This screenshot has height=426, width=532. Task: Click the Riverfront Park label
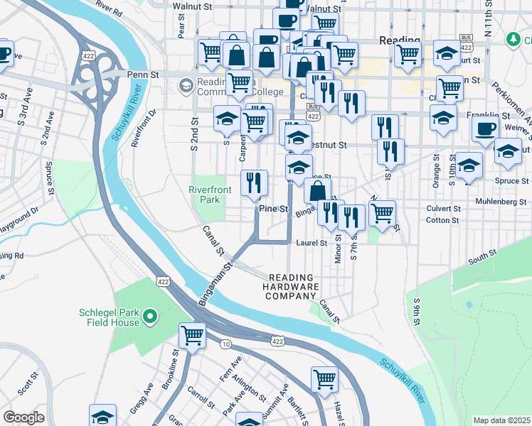tap(206, 195)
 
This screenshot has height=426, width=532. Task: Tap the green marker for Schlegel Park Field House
tap(150, 316)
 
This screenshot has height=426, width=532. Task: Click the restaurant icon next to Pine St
tap(254, 183)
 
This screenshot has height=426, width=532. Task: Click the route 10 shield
tap(225, 344)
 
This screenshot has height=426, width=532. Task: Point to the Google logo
tap(23, 417)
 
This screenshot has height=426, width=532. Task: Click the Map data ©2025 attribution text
tap(501, 420)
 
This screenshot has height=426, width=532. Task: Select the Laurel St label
tap(312, 243)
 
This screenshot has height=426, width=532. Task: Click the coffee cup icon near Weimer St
tap(485, 129)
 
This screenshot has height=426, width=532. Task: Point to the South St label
tap(482, 254)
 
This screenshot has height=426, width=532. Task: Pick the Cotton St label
tap(442, 221)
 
